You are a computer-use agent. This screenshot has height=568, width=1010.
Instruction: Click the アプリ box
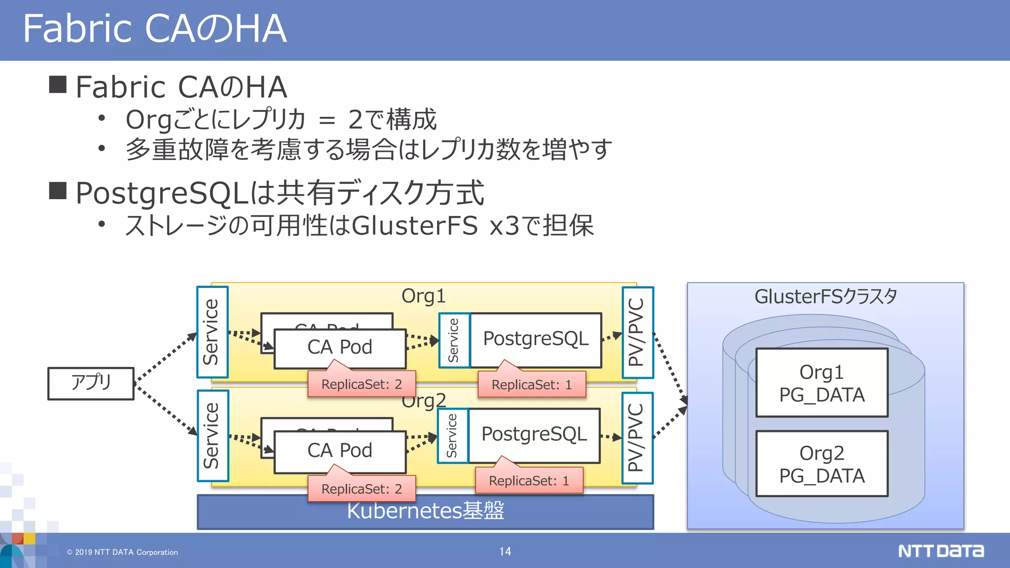91,383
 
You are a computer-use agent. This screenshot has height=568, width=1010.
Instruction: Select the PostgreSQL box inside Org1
536,340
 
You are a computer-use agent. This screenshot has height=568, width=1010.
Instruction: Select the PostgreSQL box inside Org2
534,435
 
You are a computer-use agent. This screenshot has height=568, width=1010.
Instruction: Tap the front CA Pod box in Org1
340,348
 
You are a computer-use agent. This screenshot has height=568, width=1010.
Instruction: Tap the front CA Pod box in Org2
340,451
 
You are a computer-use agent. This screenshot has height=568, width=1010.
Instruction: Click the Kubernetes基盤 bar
425,512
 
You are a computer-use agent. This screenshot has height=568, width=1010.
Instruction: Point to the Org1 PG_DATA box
822,383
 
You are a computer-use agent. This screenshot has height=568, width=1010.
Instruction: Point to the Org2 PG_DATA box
822,463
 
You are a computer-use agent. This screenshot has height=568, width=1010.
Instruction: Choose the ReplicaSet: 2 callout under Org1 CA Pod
361,385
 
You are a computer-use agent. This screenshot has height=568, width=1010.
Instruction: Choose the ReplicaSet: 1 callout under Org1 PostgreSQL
532,385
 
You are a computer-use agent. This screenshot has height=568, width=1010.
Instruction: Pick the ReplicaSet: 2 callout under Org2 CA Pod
361,489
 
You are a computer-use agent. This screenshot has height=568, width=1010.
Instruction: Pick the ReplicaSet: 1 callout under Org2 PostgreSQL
529,481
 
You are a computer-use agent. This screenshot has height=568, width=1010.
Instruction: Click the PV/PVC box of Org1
638,332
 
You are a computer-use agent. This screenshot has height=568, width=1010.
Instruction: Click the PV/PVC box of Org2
637,438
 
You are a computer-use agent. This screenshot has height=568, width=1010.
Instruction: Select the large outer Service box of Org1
212,332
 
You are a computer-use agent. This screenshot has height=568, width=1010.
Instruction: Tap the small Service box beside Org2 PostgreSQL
452,435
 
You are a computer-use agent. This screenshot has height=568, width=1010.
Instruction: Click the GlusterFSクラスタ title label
825,297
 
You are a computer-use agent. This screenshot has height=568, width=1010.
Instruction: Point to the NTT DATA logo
940,551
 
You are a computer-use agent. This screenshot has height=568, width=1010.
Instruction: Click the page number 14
505,551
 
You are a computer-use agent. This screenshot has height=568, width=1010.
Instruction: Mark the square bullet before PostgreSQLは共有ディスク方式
58,191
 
